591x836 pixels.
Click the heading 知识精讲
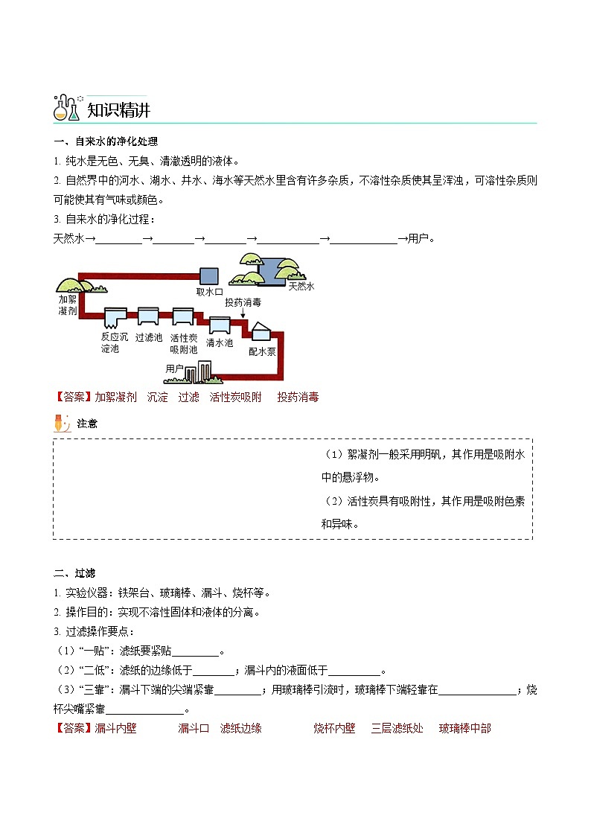coord(118,110)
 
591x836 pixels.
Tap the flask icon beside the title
coord(66,109)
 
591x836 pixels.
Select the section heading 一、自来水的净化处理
coord(105,141)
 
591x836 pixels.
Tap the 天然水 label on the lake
coord(301,286)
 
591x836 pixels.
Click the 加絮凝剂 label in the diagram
coord(68,304)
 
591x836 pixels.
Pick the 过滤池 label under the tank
coord(148,336)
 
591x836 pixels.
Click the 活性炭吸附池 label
coord(183,342)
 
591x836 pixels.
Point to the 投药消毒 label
coord(243,302)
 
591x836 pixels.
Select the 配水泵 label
coord(262,351)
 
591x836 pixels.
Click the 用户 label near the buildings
coord(174,368)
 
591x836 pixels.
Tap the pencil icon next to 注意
coord(62,423)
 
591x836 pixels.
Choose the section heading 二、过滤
coord(74,572)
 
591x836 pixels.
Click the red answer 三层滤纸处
coord(397,728)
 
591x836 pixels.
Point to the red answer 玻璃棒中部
coord(464,728)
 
